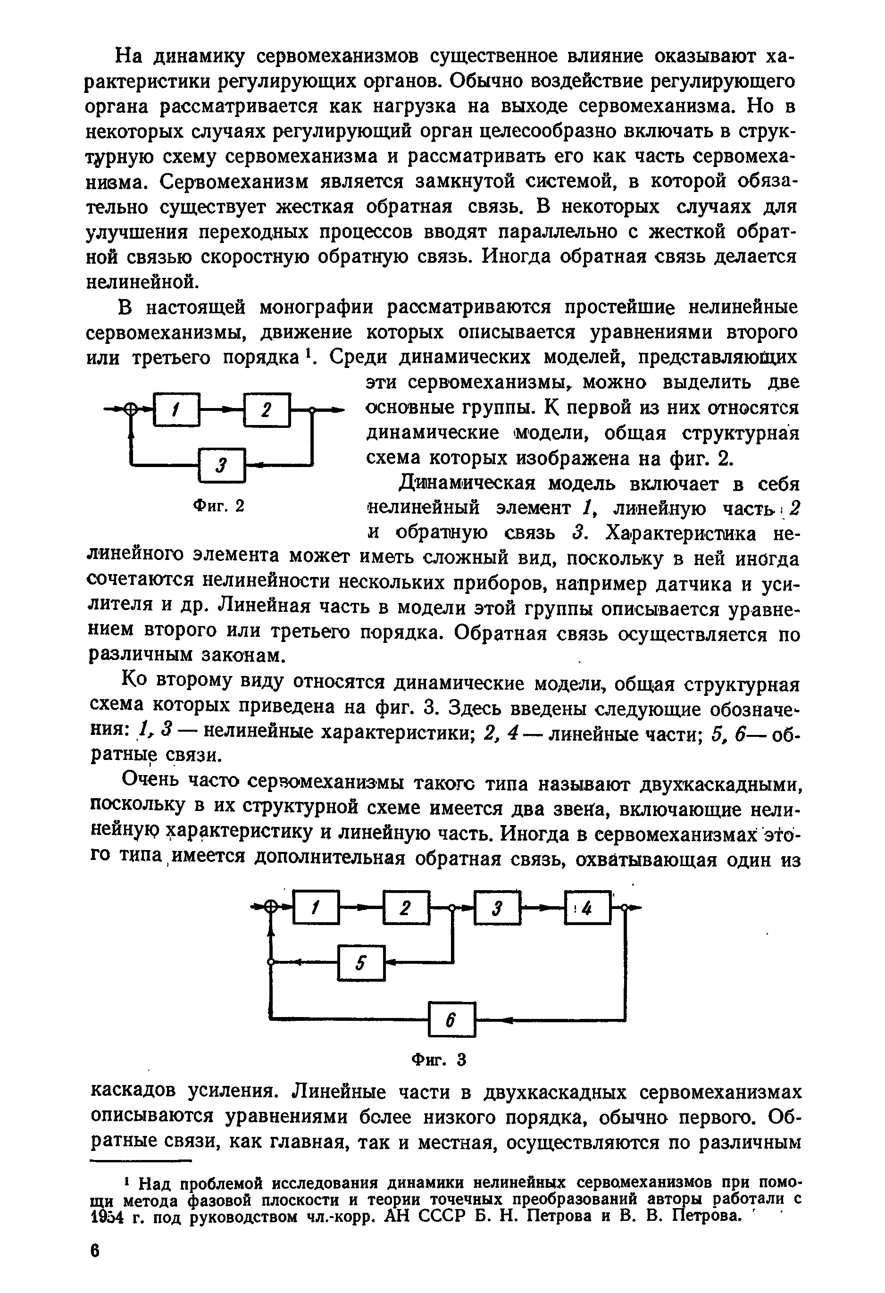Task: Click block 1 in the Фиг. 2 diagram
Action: click(176, 410)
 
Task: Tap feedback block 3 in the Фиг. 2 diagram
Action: click(221, 465)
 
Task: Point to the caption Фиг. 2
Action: click(218, 506)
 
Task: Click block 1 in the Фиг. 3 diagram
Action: click(316, 909)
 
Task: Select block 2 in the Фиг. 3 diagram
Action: click(406, 909)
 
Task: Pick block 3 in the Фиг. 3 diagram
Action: click(497, 909)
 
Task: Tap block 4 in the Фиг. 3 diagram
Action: click(588, 909)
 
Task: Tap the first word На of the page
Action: click(130, 57)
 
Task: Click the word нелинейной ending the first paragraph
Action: click(142, 282)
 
